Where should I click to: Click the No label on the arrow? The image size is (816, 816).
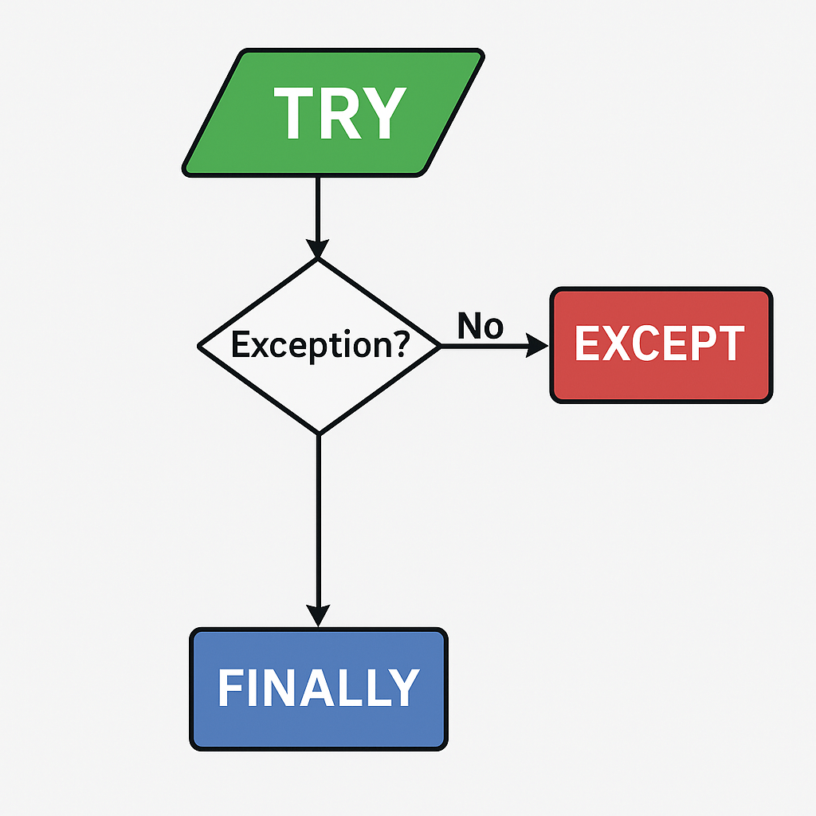(481, 325)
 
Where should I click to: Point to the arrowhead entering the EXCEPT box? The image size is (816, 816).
(539, 346)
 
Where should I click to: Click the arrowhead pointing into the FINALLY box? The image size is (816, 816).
(318, 616)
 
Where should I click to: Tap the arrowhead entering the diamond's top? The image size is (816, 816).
(318, 246)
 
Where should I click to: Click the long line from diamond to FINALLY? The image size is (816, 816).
(318, 518)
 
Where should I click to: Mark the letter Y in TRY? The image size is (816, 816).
(382, 113)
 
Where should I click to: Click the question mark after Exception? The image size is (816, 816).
(400, 343)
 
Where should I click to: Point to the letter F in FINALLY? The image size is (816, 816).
(229, 687)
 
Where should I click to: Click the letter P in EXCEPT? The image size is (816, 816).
(701, 343)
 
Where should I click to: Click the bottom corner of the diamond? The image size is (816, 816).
(318, 433)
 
